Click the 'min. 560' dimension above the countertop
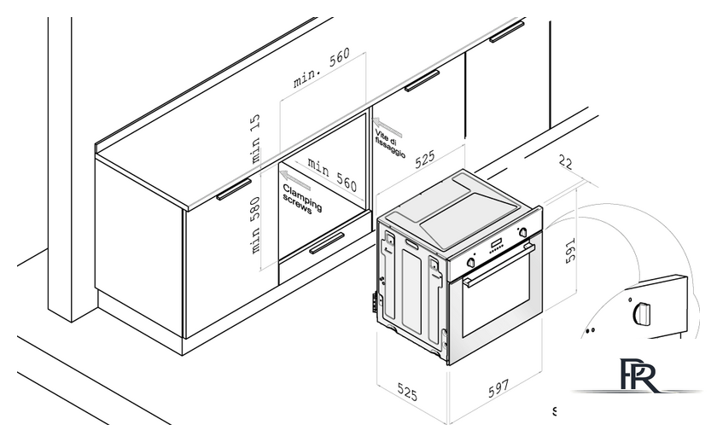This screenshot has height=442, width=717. [x=322, y=69]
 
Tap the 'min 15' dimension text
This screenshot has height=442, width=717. [x=254, y=141]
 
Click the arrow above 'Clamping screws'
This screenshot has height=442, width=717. [x=296, y=177]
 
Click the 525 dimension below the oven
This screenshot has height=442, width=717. [x=408, y=394]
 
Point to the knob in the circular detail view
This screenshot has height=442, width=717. [x=641, y=315]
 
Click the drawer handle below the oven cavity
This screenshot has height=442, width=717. [x=326, y=247]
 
